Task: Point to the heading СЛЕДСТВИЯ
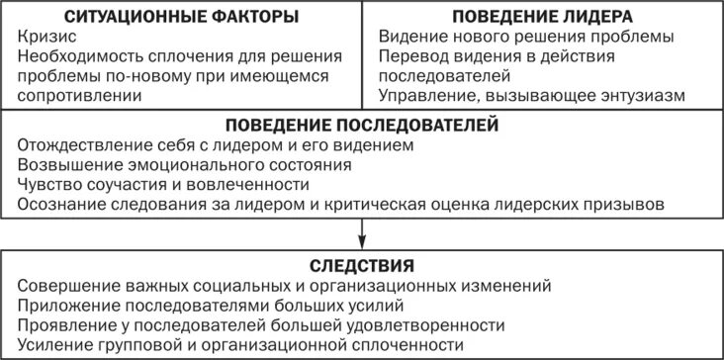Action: click(361, 265)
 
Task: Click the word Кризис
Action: click(44, 37)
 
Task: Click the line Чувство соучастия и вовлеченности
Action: click(163, 184)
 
